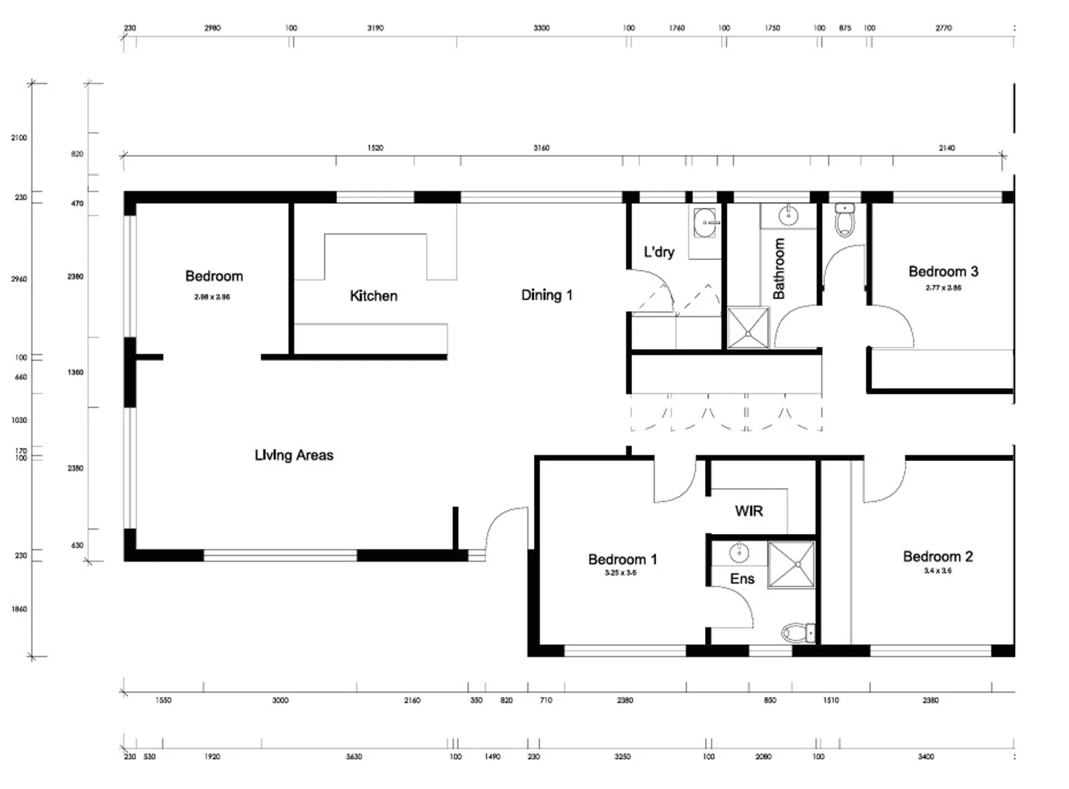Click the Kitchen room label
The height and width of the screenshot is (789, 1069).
[x=373, y=296]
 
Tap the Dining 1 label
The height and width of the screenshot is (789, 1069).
[x=547, y=295]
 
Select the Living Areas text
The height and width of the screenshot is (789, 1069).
[x=294, y=455]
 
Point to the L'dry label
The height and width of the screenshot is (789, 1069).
[x=658, y=252]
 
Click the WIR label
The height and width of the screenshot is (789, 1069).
[x=748, y=511]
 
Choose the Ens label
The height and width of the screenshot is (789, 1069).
[x=742, y=579]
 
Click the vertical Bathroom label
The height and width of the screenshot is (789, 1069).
[x=779, y=268]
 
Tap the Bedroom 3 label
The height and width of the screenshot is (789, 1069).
[x=943, y=272]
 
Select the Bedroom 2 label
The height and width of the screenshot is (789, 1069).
[x=937, y=557]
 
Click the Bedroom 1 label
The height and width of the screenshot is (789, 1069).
[x=623, y=560]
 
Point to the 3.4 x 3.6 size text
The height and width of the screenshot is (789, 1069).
[x=937, y=571]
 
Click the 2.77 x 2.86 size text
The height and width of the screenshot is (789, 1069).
[x=943, y=288]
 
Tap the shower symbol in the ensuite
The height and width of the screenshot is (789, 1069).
[x=791, y=564]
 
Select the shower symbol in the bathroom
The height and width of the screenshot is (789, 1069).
[x=748, y=328]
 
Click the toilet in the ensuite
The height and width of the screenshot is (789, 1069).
[x=798, y=632]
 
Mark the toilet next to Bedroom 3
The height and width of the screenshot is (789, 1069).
[x=844, y=220]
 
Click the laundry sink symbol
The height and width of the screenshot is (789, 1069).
[x=706, y=222]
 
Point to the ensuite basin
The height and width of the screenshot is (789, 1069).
[x=739, y=553]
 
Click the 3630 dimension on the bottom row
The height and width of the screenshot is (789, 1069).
[x=354, y=757]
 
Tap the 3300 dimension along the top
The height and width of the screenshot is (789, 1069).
[x=541, y=28]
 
